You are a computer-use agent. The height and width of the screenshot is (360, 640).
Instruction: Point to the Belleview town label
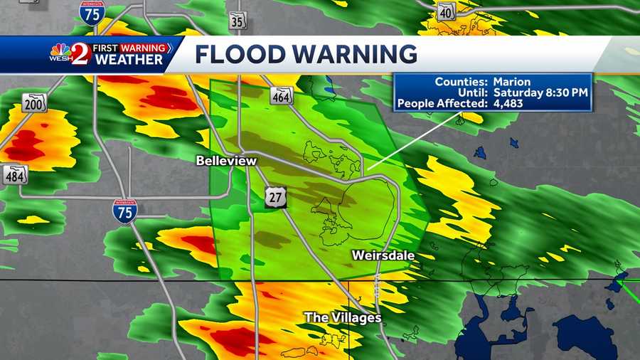coord(226,162)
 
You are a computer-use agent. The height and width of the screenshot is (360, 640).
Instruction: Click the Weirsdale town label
coord(383,255)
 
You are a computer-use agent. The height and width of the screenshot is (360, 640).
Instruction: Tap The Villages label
coord(343,317)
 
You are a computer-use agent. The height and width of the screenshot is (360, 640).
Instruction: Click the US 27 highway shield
coord(275,198)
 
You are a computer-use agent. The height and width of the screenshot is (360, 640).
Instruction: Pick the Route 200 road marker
coord(33,102)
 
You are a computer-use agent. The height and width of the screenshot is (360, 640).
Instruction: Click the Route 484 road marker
coord(15,174)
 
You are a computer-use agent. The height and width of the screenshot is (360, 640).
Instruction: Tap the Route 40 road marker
coord(446,11)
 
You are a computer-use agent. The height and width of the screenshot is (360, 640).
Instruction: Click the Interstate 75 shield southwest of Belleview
coord(124,211)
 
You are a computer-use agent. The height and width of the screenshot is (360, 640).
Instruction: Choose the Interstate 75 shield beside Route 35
coord(92,13)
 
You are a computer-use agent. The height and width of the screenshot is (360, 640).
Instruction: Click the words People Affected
coord(441,104)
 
